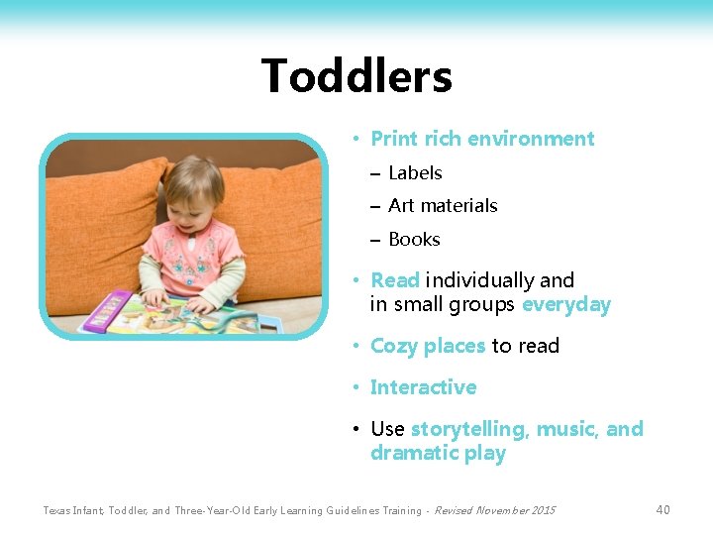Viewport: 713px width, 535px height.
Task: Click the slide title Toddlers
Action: [356, 76]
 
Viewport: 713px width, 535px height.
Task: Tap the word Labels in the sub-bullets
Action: [415, 173]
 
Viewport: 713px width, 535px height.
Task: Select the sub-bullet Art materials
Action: [443, 206]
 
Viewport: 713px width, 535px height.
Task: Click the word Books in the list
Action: [414, 240]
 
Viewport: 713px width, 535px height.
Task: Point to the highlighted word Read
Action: [395, 280]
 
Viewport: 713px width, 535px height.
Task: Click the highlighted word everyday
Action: [566, 305]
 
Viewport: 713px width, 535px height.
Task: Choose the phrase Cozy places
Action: [428, 346]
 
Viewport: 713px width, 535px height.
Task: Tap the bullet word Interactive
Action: [423, 387]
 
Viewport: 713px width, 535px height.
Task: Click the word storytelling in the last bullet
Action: [467, 429]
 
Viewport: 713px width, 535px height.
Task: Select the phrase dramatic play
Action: [438, 454]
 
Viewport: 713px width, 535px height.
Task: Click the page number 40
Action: [662, 510]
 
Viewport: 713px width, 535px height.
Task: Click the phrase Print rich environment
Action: [482, 139]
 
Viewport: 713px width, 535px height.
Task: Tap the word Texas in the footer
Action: [58, 510]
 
